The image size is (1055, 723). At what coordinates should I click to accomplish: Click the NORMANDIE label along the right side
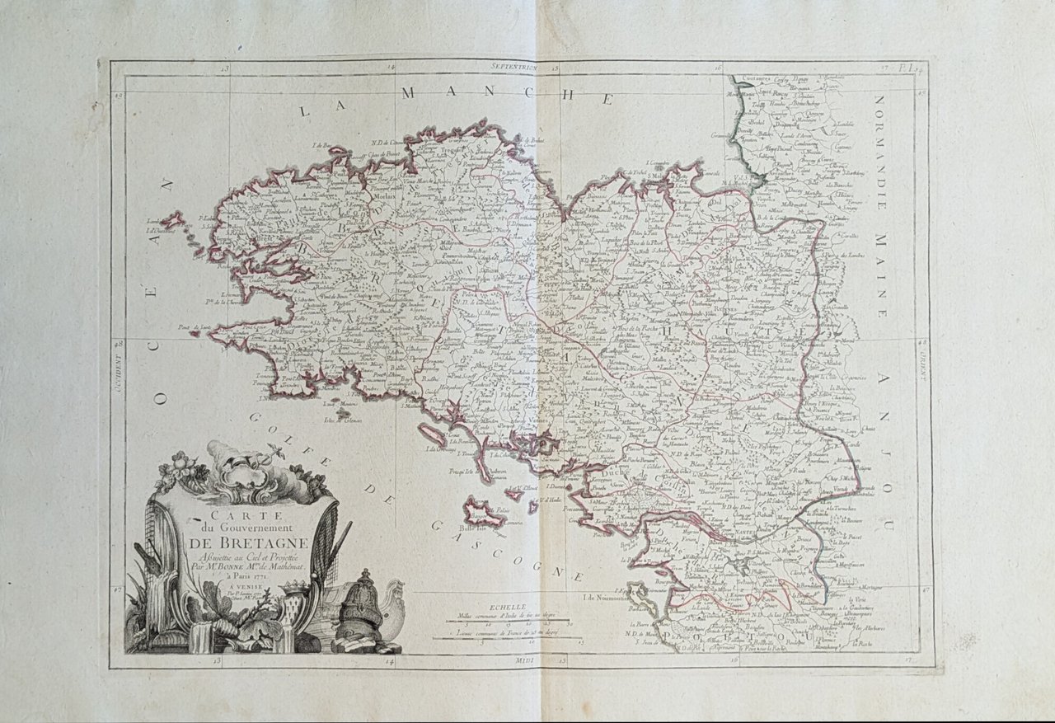click(x=879, y=136)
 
